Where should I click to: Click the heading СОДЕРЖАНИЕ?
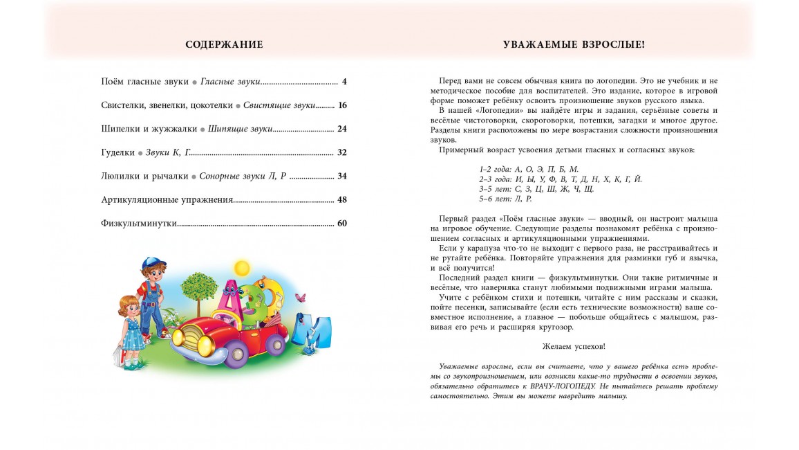[x=224, y=45]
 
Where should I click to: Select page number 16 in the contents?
[x=342, y=105]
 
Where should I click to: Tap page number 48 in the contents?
[x=342, y=199]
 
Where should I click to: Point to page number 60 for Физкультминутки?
[x=342, y=223]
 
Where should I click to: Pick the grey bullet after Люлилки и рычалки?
[x=194, y=177]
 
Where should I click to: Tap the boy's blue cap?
[x=153, y=264]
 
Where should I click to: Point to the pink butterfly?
[x=300, y=298]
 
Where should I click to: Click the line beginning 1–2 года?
[x=529, y=169]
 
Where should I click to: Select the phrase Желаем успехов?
[x=574, y=345]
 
